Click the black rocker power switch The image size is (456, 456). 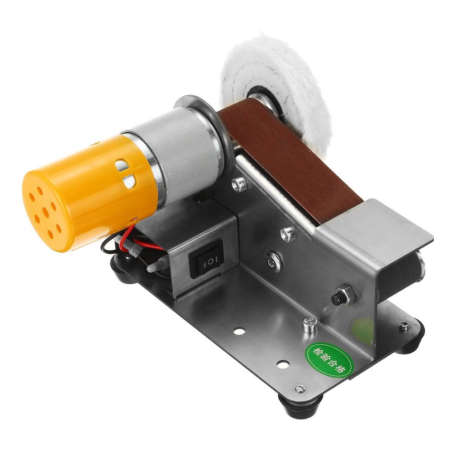[x=206, y=259]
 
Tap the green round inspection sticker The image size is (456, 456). [x=329, y=359]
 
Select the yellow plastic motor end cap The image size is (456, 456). [x=87, y=192]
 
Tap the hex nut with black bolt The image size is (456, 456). [x=344, y=296]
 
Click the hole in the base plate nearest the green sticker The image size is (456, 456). [x=283, y=364]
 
